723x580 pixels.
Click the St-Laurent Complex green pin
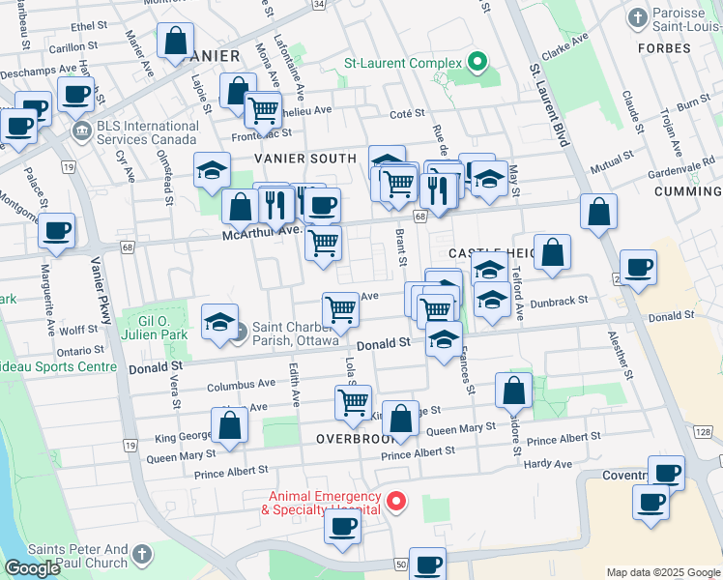[x=476, y=64]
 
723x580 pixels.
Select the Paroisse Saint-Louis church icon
[x=637, y=17]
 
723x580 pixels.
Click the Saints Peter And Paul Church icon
[x=142, y=554]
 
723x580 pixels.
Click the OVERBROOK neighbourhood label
[x=351, y=438]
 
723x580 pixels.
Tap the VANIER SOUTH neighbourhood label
[x=305, y=158]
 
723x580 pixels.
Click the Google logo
[x=33, y=568]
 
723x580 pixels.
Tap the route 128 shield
[x=702, y=431]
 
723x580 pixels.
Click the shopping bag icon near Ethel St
[x=175, y=42]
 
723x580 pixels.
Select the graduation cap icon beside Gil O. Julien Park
[x=219, y=321]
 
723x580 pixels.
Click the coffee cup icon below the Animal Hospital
[x=341, y=526]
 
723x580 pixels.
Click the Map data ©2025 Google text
[x=662, y=572]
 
